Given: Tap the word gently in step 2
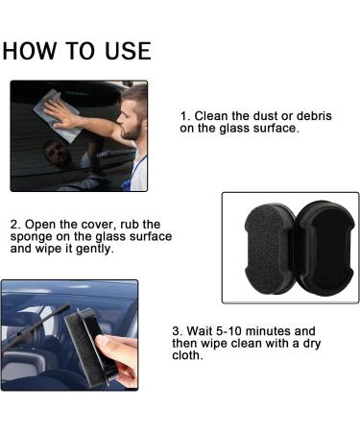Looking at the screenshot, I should click(125, 248).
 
